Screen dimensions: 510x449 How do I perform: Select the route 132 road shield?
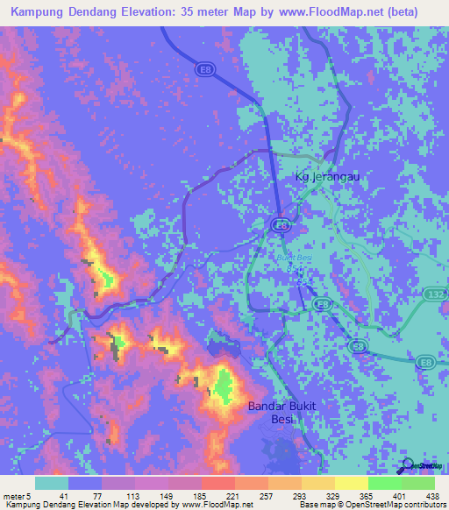tap(436, 295)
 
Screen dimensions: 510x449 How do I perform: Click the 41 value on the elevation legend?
tap(52, 495)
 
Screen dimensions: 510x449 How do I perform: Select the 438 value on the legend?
tap(433, 495)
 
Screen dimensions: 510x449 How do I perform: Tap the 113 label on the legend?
tap(118, 495)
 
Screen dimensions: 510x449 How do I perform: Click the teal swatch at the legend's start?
tap(52, 483)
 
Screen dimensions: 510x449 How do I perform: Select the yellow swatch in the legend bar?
tap(351, 483)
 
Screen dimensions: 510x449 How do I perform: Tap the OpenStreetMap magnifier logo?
tap(405, 465)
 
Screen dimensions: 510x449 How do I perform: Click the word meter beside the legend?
tap(14, 495)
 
